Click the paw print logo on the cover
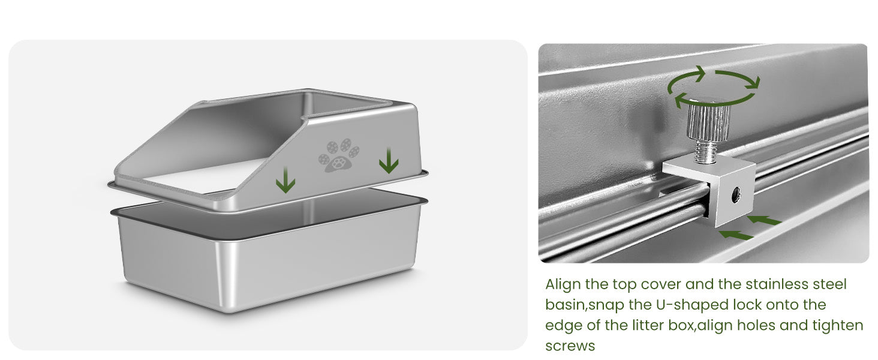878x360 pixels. pyautogui.click(x=338, y=155)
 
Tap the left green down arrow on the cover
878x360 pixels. pyautogui.click(x=285, y=179)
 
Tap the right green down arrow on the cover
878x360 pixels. pyautogui.click(x=389, y=160)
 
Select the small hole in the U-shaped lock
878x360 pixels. pyautogui.click(x=736, y=194)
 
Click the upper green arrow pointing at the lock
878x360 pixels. pyautogui.click(x=764, y=220)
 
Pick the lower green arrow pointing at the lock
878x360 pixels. pyautogui.click(x=736, y=235)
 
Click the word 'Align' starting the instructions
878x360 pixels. pyautogui.click(x=563, y=285)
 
